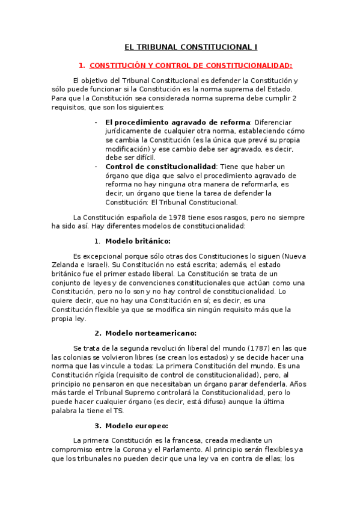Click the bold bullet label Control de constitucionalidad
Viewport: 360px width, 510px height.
160,166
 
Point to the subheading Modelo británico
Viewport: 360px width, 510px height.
138,241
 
